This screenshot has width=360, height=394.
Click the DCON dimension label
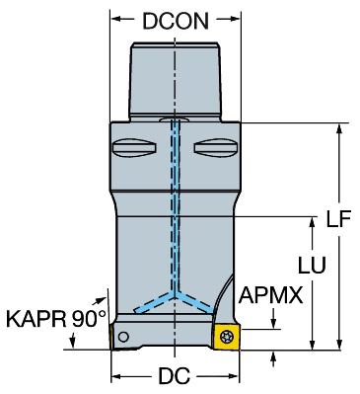(x=176, y=22)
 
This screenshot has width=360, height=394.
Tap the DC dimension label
(x=175, y=375)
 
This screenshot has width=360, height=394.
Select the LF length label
(x=338, y=218)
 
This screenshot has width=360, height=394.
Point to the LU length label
(x=312, y=265)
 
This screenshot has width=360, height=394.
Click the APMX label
(x=270, y=295)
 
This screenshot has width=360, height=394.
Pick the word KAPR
(x=36, y=319)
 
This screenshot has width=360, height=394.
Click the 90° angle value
(x=89, y=319)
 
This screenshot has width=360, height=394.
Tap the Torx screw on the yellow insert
(x=226, y=337)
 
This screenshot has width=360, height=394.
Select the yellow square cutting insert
(x=226, y=337)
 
